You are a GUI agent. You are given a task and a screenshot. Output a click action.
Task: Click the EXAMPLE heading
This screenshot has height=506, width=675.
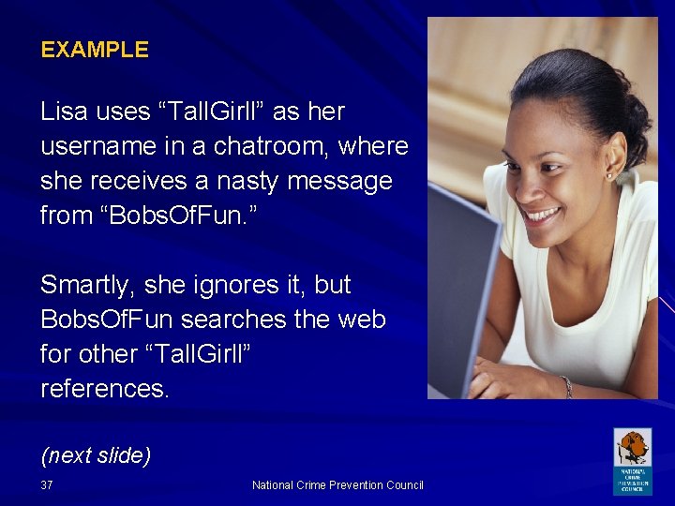(x=94, y=51)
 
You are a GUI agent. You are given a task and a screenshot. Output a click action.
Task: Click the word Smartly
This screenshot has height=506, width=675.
(x=88, y=285)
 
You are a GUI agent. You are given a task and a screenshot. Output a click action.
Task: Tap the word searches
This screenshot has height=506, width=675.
(x=231, y=320)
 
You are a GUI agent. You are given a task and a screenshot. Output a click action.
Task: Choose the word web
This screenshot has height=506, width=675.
(x=361, y=320)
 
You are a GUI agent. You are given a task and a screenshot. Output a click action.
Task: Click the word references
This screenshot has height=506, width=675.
(x=103, y=388)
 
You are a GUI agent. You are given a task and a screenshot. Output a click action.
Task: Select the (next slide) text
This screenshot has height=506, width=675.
(x=96, y=455)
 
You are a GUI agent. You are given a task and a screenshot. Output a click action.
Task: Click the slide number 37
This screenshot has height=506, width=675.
(x=47, y=485)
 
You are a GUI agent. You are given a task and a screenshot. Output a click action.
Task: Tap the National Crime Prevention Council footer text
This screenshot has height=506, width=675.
(x=337, y=485)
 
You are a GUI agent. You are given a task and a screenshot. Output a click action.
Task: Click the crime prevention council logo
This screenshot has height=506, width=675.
(x=632, y=461)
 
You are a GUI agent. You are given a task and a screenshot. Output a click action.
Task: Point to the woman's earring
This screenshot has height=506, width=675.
(x=609, y=175)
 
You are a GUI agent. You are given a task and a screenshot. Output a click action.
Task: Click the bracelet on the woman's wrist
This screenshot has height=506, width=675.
(x=566, y=385)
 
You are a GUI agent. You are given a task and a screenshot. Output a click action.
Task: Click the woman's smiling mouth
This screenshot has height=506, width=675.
(x=543, y=215)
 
